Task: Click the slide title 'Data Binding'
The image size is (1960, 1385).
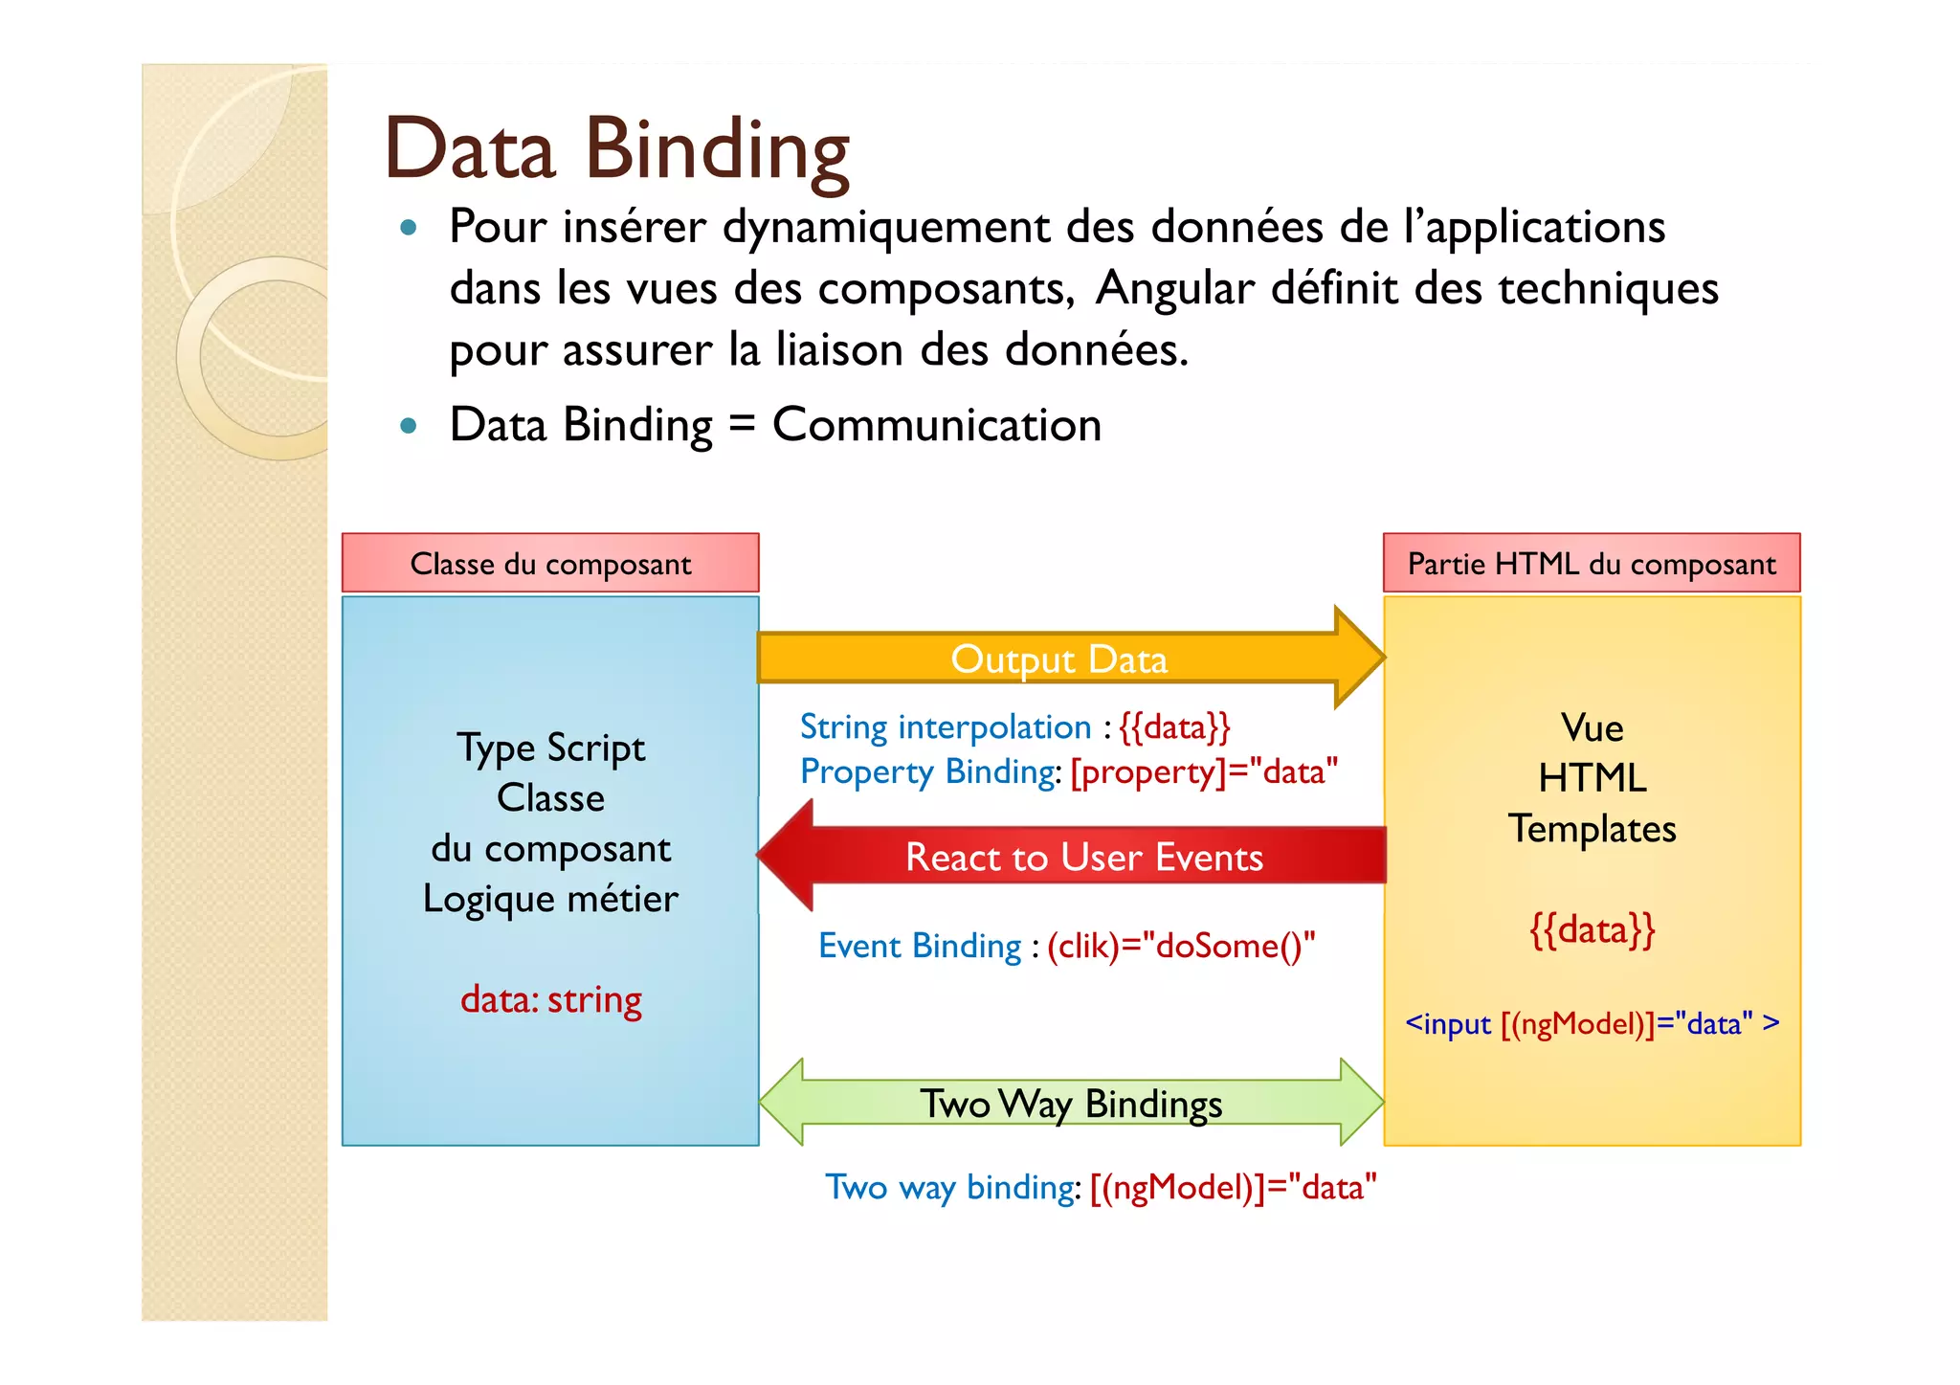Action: click(616, 149)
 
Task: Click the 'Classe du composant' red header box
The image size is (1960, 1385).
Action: click(550, 564)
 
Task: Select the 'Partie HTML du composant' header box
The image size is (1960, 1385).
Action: click(1592, 564)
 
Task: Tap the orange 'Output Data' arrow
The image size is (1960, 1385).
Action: click(1058, 659)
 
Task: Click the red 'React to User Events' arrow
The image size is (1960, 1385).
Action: click(1083, 857)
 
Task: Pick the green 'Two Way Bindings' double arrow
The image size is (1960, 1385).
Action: click(1071, 1104)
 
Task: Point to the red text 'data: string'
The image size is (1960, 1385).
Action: click(550, 999)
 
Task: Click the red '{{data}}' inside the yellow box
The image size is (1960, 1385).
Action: click(1592, 929)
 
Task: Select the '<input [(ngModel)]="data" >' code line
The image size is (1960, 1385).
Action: click(1592, 1023)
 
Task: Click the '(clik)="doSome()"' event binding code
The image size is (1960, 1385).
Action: click(1181, 946)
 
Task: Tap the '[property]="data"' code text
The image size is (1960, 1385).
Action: click(1204, 771)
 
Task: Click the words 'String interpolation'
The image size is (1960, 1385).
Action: click(945, 727)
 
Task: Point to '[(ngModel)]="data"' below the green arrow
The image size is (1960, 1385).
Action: click(1233, 1187)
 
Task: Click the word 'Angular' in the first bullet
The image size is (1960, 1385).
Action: click(1174, 288)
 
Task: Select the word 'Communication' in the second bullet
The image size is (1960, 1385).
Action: click(937, 424)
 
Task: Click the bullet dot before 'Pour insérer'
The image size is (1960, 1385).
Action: click(410, 228)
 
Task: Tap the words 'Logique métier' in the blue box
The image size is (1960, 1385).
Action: click(550, 899)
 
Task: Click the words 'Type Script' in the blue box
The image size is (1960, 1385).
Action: click(550, 748)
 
